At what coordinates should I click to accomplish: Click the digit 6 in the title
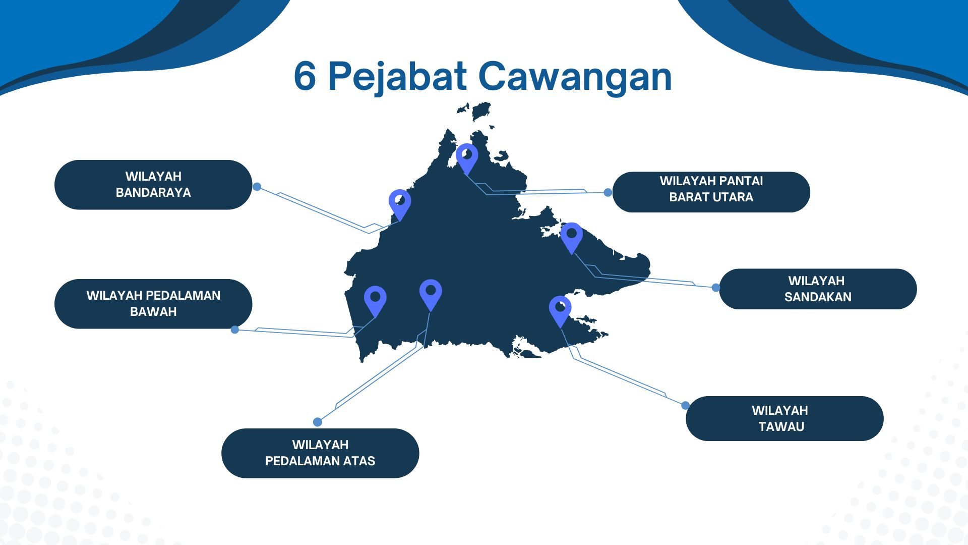(x=305, y=77)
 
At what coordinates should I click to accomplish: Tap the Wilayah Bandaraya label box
(x=153, y=185)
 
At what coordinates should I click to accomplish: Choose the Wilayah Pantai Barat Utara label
(x=711, y=192)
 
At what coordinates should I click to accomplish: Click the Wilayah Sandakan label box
(x=818, y=289)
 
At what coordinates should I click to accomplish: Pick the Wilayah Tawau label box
(x=784, y=418)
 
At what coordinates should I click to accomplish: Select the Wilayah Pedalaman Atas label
(x=320, y=453)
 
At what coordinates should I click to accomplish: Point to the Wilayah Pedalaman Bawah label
(x=153, y=304)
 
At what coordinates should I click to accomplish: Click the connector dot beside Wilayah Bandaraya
(x=257, y=187)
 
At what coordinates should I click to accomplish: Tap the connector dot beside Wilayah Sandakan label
(x=716, y=288)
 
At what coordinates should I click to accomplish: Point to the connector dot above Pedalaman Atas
(x=317, y=422)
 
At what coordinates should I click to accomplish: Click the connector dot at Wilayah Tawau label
(x=685, y=405)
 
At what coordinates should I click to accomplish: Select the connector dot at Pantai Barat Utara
(x=608, y=192)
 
